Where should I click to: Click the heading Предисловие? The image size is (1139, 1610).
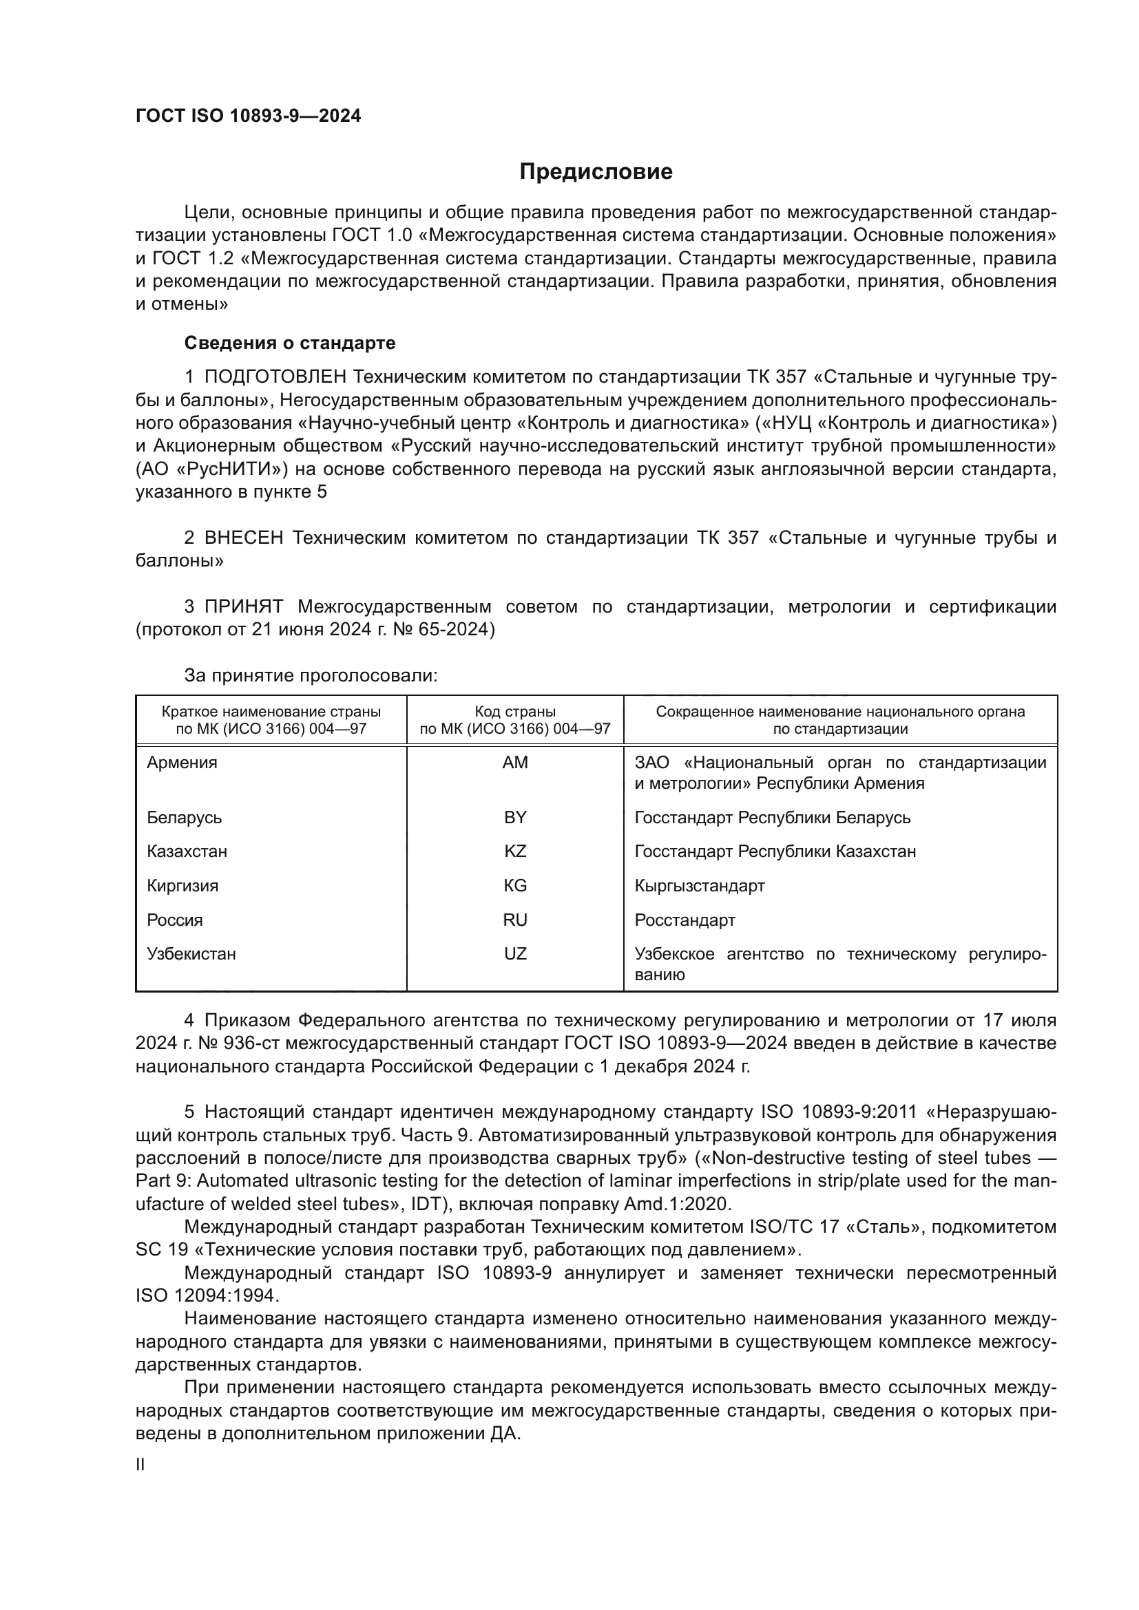pos(596,172)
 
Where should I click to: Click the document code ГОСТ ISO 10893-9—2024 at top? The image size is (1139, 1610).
pos(249,116)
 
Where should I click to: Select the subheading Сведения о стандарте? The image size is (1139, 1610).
pos(290,343)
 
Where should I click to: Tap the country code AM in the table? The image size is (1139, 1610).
pos(515,762)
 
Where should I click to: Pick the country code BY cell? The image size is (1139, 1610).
pos(515,817)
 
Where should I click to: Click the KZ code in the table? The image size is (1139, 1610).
pos(515,851)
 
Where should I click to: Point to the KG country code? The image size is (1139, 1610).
pos(515,886)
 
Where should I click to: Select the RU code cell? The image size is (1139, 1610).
pos(515,920)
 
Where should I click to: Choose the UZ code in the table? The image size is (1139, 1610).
pos(515,953)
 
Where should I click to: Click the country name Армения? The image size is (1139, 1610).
pos(182,762)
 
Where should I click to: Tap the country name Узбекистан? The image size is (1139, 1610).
pos(191,953)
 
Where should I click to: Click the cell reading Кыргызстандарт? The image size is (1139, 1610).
pos(699,886)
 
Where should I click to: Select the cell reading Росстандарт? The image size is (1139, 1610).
pos(685,920)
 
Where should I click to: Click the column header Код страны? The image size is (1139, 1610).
pos(515,712)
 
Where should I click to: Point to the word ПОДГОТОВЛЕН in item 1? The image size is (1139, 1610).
pos(275,377)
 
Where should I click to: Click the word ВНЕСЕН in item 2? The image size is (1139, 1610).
pos(243,538)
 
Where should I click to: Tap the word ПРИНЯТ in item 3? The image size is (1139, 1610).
pos(243,606)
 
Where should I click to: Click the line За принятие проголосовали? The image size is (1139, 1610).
pos(311,675)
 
